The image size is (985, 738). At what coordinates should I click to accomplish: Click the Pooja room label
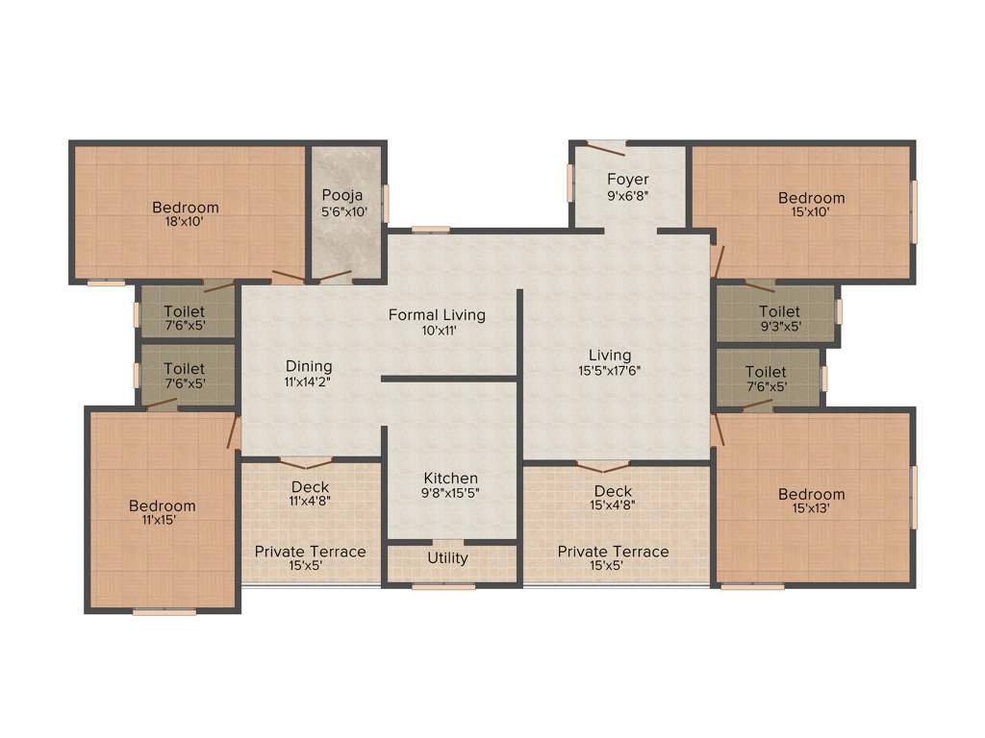pos(342,195)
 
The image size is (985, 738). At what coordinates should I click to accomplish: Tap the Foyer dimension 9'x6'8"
pos(627,196)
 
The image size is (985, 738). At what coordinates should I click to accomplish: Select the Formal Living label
pos(437,314)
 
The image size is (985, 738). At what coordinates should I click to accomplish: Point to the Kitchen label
pos(451,478)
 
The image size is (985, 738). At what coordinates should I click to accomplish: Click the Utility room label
pos(447,557)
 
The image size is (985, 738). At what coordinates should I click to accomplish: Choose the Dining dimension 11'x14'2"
pos(309,381)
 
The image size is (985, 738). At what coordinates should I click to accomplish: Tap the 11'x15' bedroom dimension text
pos(163,521)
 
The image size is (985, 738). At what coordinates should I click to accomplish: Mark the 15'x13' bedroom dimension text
pos(812,510)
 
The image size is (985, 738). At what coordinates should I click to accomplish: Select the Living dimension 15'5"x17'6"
pos(610,370)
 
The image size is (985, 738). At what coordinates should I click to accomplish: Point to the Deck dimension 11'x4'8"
pos(310,501)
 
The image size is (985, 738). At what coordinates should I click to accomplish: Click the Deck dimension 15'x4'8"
pos(613,505)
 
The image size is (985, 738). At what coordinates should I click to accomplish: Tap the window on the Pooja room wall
pos(386,204)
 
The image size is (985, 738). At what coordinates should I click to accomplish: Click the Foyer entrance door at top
pos(607,146)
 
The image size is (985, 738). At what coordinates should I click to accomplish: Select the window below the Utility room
pos(443,585)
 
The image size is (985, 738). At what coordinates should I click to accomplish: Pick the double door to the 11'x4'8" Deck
pos(306,461)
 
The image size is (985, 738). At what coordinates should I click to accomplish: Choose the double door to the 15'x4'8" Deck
pos(603,466)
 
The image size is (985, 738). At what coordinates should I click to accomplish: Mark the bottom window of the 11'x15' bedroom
pos(164,611)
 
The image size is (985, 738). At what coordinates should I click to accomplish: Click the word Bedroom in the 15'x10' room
pos(812,198)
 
